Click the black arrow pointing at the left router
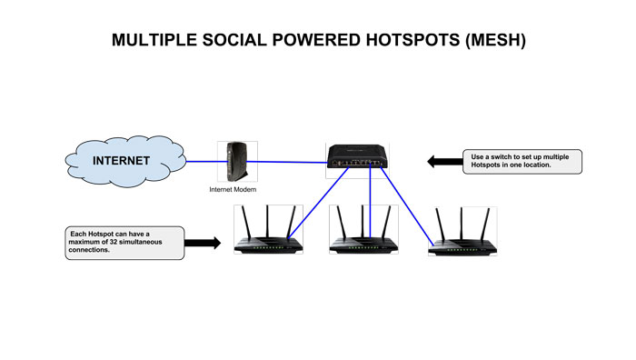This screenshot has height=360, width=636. point(204,243)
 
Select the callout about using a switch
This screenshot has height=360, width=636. point(522,162)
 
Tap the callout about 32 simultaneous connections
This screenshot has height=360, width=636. point(124,243)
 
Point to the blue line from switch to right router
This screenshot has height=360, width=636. point(407,205)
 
